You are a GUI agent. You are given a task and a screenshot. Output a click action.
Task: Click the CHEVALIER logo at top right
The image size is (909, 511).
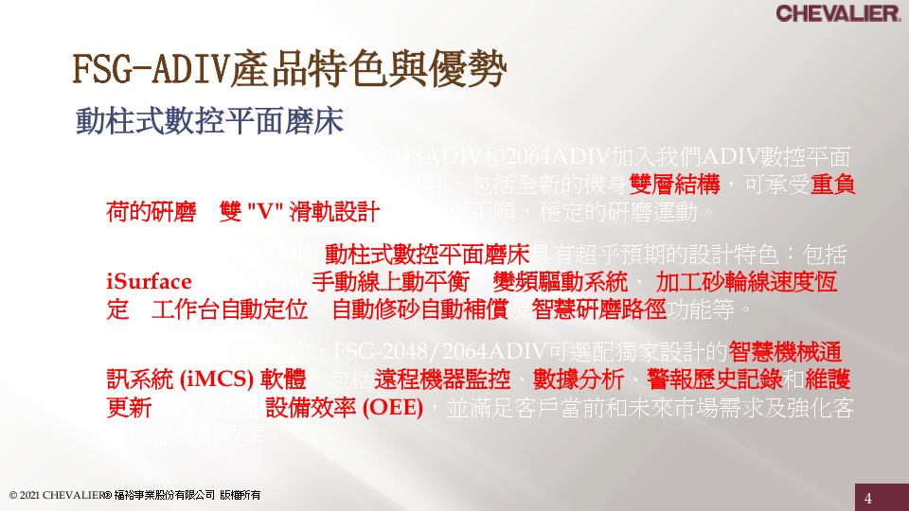pyautogui.click(x=837, y=13)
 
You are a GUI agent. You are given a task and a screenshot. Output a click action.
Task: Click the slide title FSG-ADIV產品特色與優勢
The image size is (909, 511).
pyautogui.click(x=290, y=70)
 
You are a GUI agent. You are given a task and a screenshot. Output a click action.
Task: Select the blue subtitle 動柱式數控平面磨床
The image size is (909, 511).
pyautogui.click(x=209, y=122)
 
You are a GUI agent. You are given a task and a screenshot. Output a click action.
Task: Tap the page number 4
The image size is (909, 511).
pyautogui.click(x=867, y=498)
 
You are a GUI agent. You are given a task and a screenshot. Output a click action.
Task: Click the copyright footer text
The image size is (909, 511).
pyautogui.click(x=134, y=495)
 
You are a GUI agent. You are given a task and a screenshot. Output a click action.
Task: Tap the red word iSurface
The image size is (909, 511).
pyautogui.click(x=149, y=282)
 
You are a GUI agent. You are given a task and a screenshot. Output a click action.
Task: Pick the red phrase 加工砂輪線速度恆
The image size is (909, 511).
pyautogui.click(x=746, y=282)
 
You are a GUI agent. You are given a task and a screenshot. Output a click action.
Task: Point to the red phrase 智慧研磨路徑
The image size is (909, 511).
pyautogui.click(x=599, y=309)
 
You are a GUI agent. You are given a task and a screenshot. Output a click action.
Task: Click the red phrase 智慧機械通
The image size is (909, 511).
pyautogui.click(x=785, y=352)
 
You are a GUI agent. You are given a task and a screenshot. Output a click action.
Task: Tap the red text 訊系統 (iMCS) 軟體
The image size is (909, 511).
pyautogui.click(x=205, y=379)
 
